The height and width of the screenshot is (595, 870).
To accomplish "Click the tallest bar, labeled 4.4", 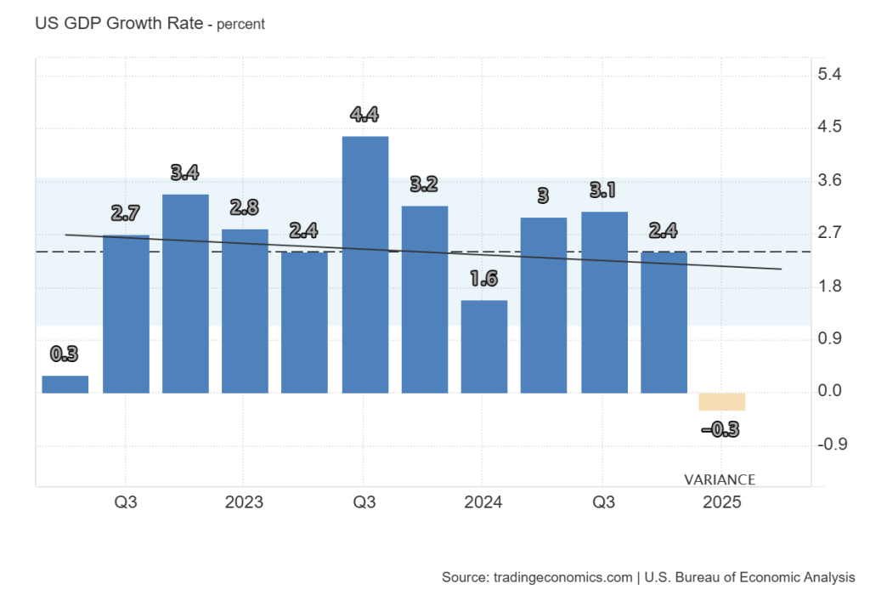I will (x=364, y=264).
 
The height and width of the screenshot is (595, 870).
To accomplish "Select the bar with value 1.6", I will (x=484, y=347).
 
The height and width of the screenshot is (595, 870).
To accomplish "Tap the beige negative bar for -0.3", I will (x=722, y=401).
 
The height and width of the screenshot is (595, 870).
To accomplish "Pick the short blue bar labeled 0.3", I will (x=65, y=384).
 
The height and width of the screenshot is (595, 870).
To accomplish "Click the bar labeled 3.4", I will (x=185, y=294).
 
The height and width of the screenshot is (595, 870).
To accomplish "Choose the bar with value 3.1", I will (x=604, y=302).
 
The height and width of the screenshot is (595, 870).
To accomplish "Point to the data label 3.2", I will (x=424, y=184).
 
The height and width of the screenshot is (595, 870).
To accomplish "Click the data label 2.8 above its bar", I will (x=245, y=207).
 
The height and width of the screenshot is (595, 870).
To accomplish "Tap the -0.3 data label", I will (x=720, y=430).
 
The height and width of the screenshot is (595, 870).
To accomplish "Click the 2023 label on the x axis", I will (x=244, y=502).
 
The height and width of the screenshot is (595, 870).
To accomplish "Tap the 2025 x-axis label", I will (x=722, y=502).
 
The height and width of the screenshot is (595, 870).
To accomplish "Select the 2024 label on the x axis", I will (x=483, y=502).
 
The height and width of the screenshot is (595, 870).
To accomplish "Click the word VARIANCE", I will (x=720, y=479).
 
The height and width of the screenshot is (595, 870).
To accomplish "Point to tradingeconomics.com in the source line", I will (x=562, y=577).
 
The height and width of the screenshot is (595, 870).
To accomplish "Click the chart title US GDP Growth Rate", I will (x=119, y=24).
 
